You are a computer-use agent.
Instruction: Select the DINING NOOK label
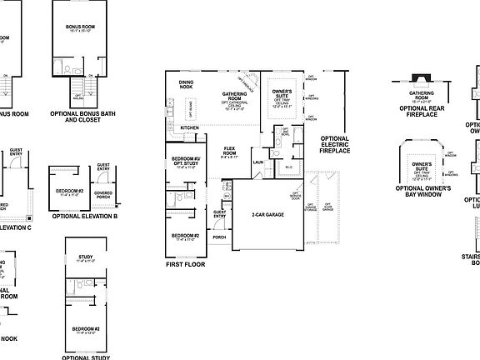coord(187,83)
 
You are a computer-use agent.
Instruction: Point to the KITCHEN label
coord(190,127)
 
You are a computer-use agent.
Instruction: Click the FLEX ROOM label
coord(230,150)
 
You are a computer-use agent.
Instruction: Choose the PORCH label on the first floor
coord(219,237)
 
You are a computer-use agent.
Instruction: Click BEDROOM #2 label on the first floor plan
coord(184,236)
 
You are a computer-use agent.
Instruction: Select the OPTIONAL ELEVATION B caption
coord(84,216)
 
